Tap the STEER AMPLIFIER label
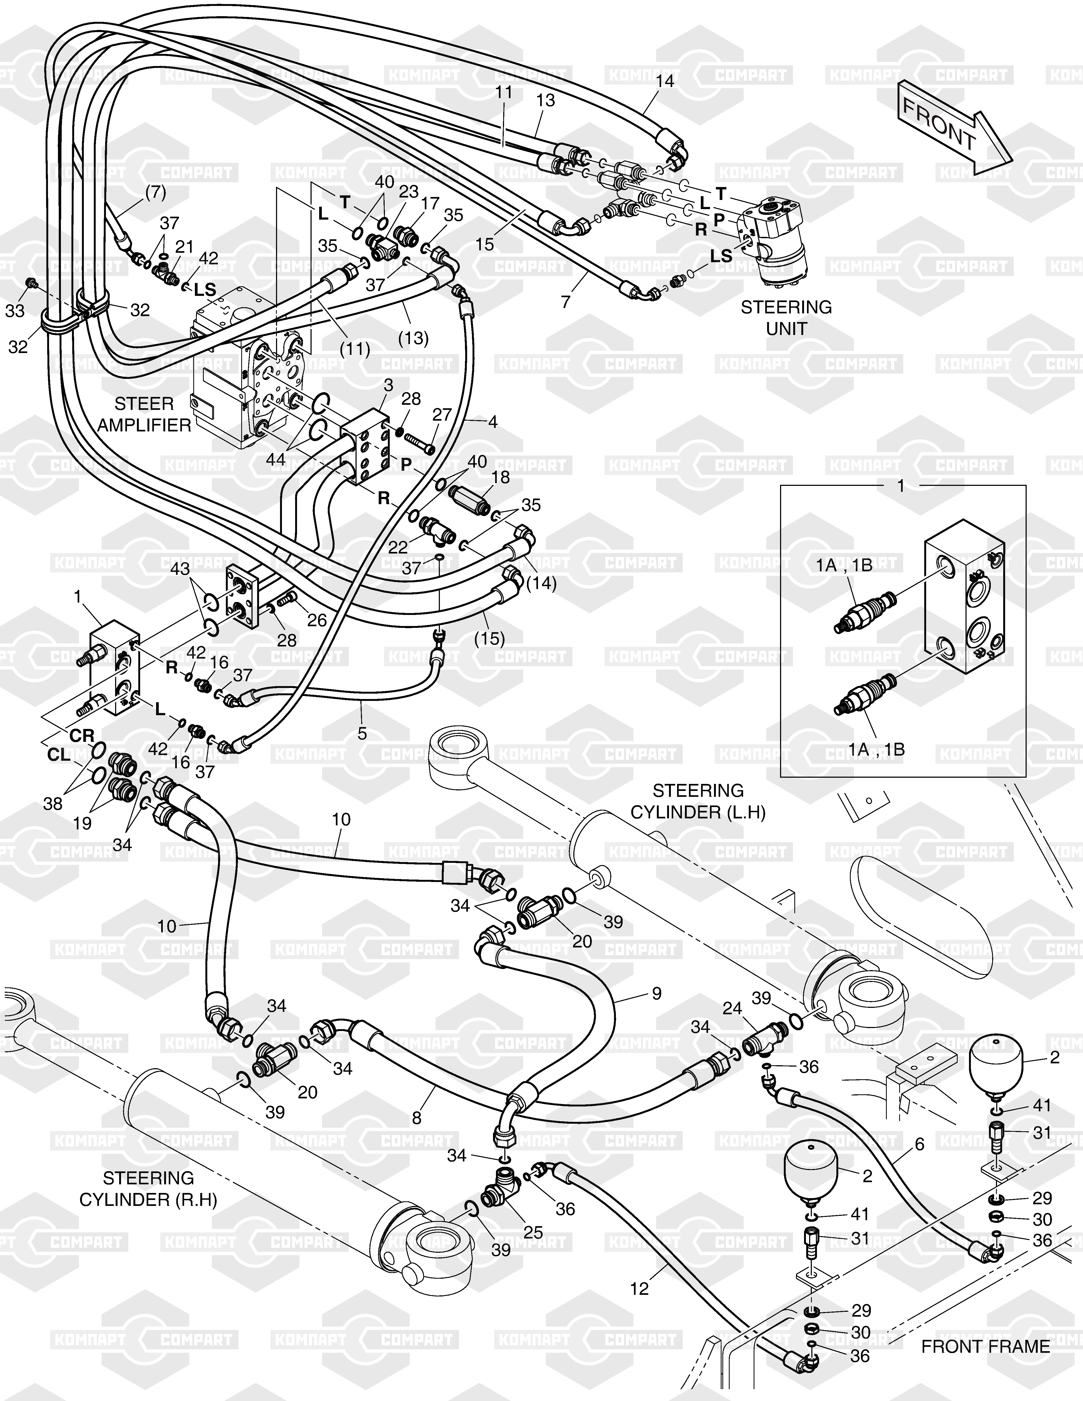(144, 414)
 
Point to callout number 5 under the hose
(362, 733)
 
